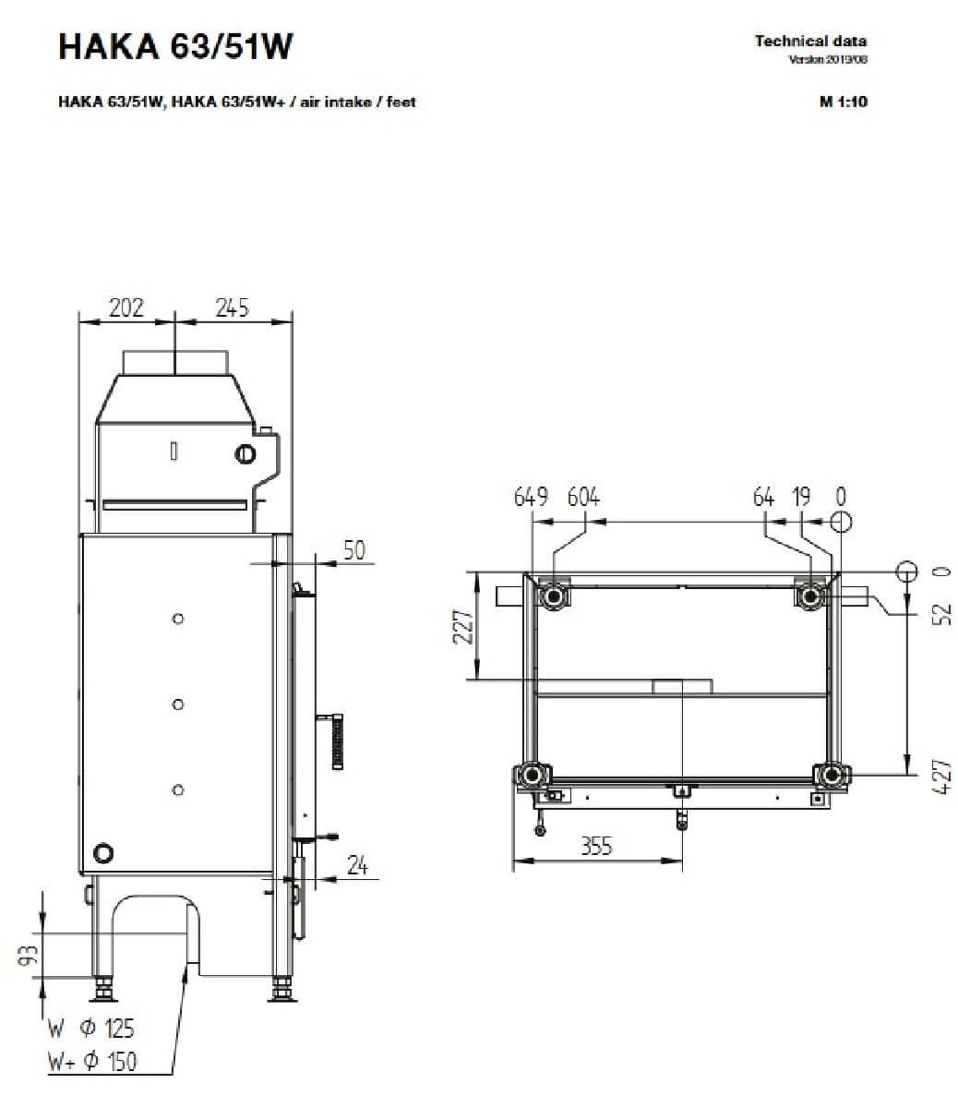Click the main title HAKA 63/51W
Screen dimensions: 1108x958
tap(175, 46)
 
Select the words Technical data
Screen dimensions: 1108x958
tap(810, 41)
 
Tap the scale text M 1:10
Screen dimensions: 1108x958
tap(843, 102)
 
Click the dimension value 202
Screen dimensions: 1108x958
tap(126, 307)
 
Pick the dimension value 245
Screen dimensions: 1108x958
tap(233, 307)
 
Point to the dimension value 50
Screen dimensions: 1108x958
tap(354, 550)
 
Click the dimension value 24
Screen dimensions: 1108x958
tap(357, 865)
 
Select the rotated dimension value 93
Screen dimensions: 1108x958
tap(29, 956)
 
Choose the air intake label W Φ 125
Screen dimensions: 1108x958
tap(91, 1028)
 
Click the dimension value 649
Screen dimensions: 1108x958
tap(531, 498)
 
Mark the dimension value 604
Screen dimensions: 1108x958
tap(583, 498)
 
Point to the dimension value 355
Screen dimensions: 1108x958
tap(596, 846)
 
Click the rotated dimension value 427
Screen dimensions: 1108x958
tap(940, 777)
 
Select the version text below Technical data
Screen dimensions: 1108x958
tap(828, 60)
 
